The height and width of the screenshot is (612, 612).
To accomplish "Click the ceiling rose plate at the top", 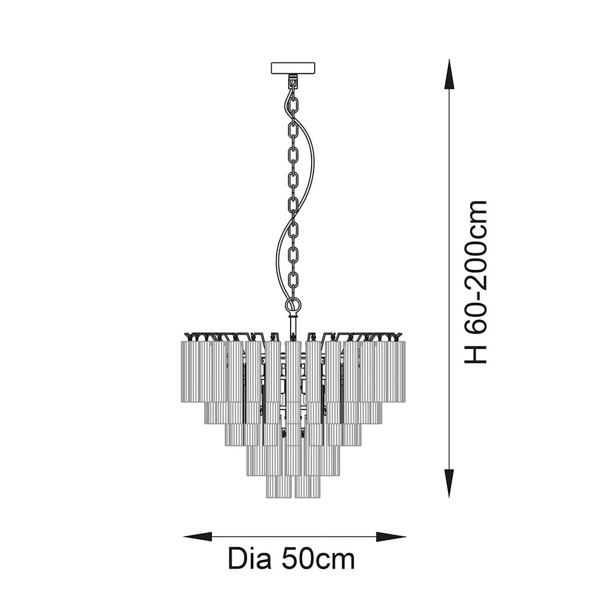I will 293,67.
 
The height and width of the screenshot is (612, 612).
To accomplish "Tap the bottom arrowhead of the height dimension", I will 449,483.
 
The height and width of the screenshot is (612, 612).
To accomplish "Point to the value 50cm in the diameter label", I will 318,559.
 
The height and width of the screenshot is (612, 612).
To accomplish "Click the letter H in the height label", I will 476,353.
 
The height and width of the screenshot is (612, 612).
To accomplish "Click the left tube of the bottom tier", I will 278,486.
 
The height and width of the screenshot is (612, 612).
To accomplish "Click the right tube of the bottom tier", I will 307,486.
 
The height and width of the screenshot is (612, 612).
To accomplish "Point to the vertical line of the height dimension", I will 449,275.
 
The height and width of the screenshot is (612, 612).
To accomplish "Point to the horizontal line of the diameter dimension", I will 294,537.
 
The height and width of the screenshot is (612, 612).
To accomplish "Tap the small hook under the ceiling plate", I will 293,79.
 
